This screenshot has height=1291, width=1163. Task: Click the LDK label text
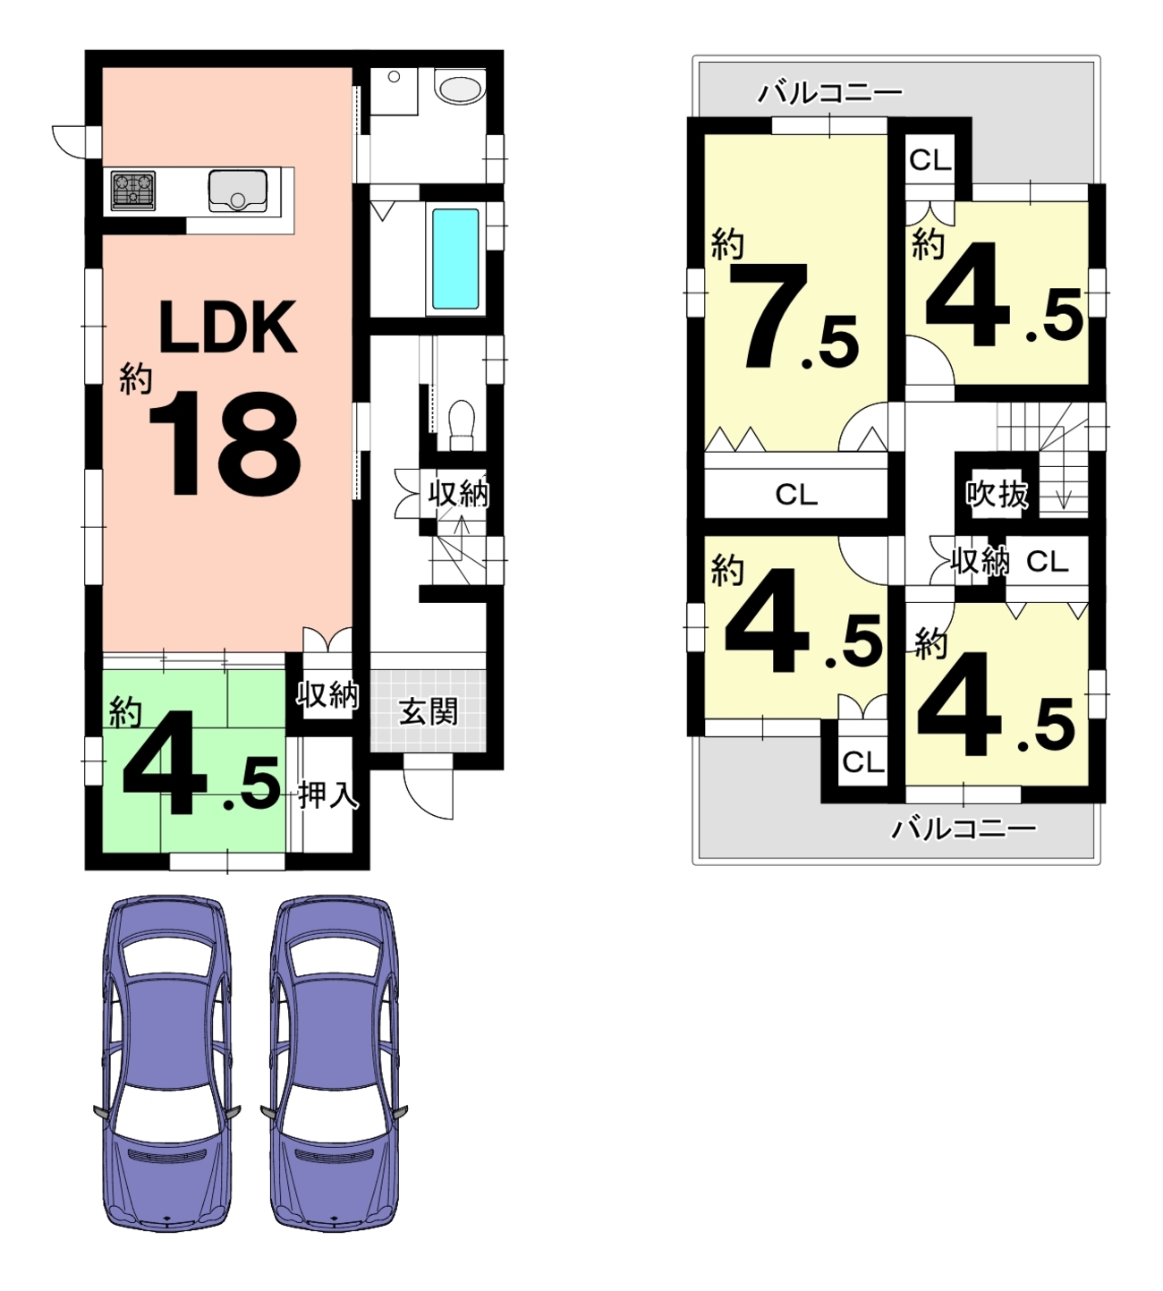click(x=228, y=327)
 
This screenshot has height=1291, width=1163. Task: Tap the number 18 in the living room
click(x=225, y=444)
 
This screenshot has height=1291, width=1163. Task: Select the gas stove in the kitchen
click(x=133, y=191)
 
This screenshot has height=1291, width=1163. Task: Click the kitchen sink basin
click(x=237, y=191)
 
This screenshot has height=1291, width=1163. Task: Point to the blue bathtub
click(x=455, y=259)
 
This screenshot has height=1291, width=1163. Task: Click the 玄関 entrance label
click(x=428, y=712)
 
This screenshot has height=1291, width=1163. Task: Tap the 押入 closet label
click(x=327, y=795)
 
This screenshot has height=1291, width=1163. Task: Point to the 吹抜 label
click(x=997, y=494)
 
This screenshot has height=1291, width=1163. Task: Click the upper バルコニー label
click(x=829, y=93)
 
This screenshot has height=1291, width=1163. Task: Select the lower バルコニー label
click(x=964, y=829)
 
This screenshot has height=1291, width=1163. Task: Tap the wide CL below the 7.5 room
click(x=796, y=494)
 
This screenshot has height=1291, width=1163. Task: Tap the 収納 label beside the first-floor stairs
click(x=458, y=494)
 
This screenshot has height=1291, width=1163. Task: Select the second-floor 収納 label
click(x=980, y=561)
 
